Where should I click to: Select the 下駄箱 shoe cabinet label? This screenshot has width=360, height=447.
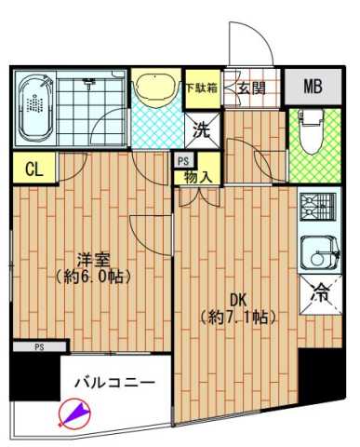[201, 88]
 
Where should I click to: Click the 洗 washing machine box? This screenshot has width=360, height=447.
[201, 129]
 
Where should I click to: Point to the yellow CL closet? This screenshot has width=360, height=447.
[33, 169]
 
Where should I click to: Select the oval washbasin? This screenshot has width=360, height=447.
[154, 88]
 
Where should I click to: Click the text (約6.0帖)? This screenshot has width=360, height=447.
[92, 277]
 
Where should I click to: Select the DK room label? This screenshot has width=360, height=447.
[237, 300]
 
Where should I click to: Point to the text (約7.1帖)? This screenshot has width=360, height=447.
[237, 317]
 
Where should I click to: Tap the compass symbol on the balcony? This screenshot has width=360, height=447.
[73, 411]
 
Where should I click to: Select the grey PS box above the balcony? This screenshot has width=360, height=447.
[39, 346]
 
